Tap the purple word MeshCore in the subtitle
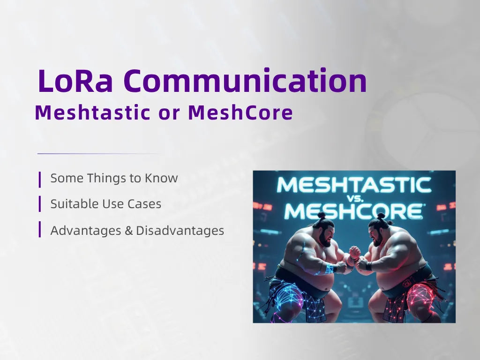pyautogui.click(x=240, y=113)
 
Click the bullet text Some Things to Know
pyautogui.click(x=114, y=178)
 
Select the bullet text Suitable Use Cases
pyautogui.click(x=105, y=204)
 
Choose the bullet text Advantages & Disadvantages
pyautogui.click(x=137, y=231)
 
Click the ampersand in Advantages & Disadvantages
pyautogui.click(x=129, y=231)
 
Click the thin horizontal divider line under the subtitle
pyautogui.click(x=98, y=153)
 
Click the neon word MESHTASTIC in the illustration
pyautogui.click(x=354, y=185)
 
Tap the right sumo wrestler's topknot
pyautogui.click(x=381, y=216)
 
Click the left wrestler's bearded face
pyautogui.click(x=326, y=234)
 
